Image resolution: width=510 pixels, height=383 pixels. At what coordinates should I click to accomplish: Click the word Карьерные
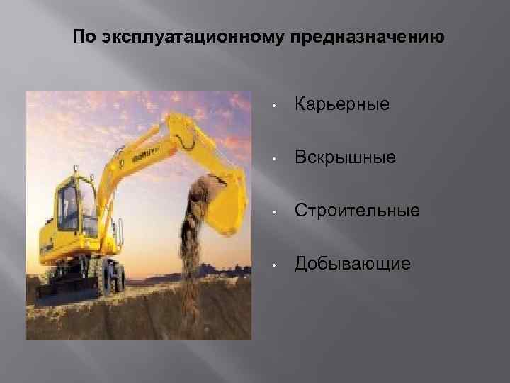point(342,104)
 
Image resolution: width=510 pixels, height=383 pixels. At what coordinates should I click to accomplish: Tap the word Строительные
point(357,211)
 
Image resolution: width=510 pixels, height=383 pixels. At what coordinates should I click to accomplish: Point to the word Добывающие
point(352,264)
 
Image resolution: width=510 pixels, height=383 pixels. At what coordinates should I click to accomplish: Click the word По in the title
point(83,36)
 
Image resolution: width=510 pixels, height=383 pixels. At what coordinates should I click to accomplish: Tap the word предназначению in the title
point(367,36)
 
